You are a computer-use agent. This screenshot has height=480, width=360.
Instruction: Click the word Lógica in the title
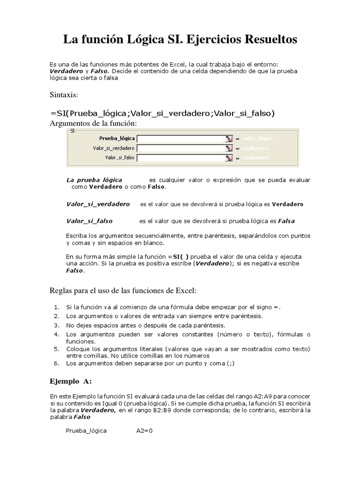(143, 40)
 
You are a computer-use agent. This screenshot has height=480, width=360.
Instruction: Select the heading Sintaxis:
(65, 95)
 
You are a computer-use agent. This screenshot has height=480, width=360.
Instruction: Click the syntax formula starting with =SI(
(162, 113)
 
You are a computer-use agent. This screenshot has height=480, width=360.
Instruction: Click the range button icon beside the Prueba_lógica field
(229, 139)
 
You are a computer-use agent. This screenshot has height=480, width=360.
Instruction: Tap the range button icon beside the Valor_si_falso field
(229, 158)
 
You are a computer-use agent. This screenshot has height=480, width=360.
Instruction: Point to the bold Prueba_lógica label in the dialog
(117, 139)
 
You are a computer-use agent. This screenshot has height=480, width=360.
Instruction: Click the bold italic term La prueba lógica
(94, 180)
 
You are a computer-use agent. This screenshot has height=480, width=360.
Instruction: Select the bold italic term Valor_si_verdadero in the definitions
(98, 204)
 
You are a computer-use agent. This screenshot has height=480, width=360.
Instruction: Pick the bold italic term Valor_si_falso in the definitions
(90, 221)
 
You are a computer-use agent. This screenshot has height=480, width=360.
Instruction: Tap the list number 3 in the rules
(56, 325)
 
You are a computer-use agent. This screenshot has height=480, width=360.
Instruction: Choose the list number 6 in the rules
(56, 363)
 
